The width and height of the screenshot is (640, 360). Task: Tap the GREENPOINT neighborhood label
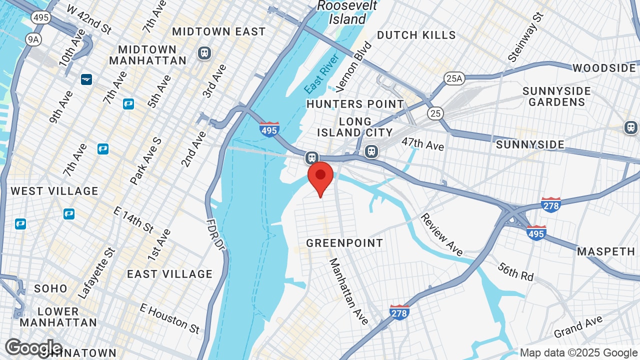pos(344,243)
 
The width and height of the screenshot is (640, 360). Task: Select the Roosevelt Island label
pos(347,12)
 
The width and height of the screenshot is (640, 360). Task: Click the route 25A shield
pos(454,78)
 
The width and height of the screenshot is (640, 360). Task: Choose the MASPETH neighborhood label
pos(605,251)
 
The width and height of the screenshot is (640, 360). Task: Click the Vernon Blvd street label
pos(354,67)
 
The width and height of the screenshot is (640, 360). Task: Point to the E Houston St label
pos(169,318)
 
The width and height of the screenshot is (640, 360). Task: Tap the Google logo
pos(33,347)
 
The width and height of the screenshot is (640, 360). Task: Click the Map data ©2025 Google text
pos(579,353)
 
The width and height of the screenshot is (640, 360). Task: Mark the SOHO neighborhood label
pos(50,288)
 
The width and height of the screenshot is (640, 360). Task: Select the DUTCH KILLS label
pos(416,35)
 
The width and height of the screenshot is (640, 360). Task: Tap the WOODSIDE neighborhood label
pos(604,68)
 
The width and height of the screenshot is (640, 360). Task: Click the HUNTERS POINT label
pos(355,104)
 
